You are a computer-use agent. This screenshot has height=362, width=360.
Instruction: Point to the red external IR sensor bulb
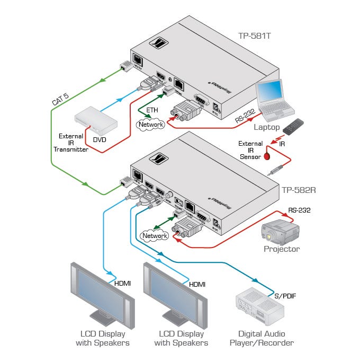268,156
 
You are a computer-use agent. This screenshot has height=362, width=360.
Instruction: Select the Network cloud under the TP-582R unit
153,235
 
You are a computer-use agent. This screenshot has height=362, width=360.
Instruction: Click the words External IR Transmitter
71,142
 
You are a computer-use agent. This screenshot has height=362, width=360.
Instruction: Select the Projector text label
282,249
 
